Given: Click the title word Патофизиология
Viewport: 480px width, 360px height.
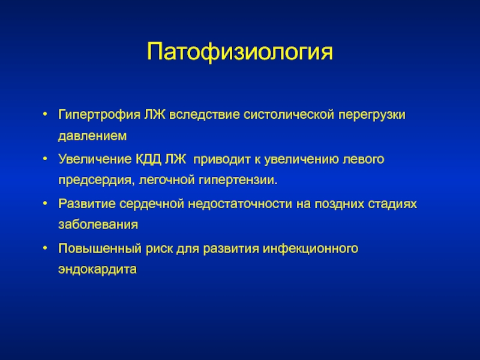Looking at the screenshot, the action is [239, 52].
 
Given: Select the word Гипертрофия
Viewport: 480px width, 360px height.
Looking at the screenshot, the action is [100, 115].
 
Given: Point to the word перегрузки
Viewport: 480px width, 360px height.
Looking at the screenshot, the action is [372, 115].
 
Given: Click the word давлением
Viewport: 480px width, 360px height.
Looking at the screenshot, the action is [92, 136].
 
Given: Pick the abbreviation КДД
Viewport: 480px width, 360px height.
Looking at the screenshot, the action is [148, 160].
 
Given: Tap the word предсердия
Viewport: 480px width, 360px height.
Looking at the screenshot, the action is [97, 181].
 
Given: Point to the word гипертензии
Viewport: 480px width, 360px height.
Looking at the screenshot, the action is [238, 181].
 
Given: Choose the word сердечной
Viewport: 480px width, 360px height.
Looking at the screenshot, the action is [152, 204].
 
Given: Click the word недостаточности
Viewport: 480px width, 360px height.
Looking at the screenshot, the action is [240, 204].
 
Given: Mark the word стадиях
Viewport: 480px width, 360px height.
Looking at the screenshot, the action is [392, 204].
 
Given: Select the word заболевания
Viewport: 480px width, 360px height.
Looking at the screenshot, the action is [98, 224].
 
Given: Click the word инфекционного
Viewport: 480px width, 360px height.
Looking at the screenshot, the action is [310, 249].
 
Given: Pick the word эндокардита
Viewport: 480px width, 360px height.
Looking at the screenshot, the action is [97, 269].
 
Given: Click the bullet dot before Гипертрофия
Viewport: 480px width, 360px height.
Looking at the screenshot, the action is [46, 115].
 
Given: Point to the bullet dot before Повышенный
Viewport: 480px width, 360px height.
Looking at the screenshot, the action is [46, 248].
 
